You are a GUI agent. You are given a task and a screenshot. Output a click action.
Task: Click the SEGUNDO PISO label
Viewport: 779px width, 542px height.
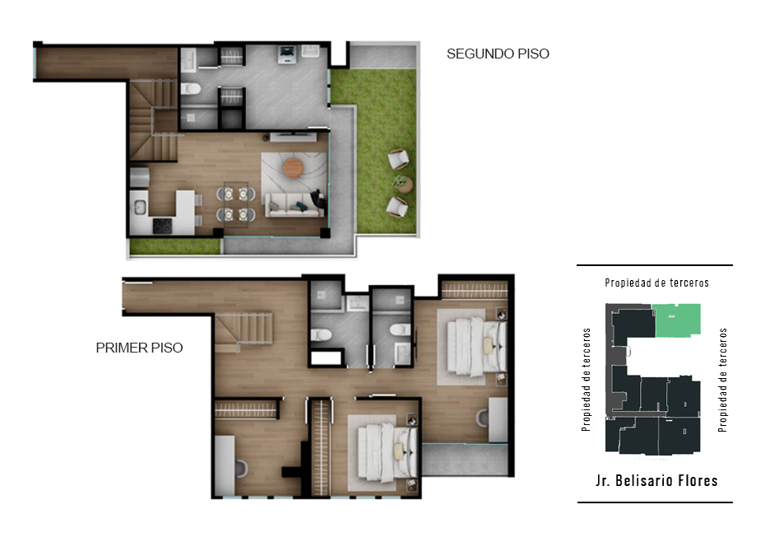(x=498, y=54)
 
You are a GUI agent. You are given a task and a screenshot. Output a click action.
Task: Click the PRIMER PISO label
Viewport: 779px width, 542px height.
(x=139, y=348)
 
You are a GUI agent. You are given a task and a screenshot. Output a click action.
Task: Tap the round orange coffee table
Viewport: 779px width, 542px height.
(x=293, y=168)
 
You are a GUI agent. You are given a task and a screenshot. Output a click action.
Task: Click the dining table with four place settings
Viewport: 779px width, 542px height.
(x=235, y=204)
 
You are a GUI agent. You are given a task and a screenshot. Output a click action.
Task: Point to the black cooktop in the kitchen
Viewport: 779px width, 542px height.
(x=162, y=226)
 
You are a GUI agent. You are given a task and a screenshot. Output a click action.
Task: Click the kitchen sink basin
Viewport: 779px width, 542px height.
(x=139, y=207)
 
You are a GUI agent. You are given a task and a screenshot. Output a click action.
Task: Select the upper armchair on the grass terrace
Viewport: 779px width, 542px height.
(x=398, y=159)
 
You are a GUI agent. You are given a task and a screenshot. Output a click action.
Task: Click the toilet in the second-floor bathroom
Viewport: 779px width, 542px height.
(x=190, y=89)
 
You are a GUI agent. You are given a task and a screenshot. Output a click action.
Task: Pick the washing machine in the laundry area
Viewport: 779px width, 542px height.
(x=286, y=54)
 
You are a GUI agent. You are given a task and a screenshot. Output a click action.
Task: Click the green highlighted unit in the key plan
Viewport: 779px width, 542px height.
(x=678, y=320)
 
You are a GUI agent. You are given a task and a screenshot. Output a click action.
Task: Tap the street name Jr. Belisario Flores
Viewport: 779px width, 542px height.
(x=656, y=480)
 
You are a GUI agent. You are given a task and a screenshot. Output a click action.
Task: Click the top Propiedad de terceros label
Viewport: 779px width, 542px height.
(x=656, y=283)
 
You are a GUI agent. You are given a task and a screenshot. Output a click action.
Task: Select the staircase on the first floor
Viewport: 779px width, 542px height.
(x=244, y=330)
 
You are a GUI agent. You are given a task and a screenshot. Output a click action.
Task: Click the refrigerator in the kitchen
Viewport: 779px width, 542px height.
(x=140, y=178)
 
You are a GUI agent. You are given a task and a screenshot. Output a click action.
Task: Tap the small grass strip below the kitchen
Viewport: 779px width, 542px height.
(x=175, y=245)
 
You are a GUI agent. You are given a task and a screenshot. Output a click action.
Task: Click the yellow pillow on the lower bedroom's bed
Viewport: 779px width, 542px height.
(x=398, y=451)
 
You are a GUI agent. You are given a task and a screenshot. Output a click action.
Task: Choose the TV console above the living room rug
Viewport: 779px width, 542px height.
(x=293, y=137)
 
